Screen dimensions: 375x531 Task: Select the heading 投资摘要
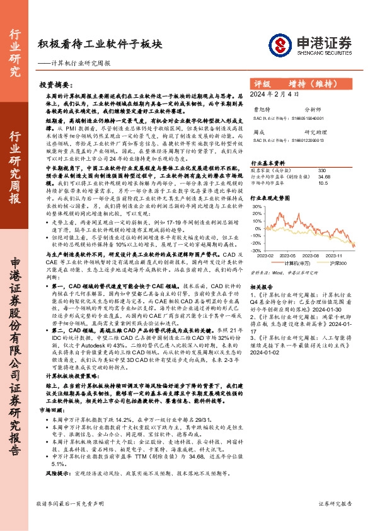point(54,84)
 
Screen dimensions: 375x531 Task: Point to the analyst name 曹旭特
point(260,109)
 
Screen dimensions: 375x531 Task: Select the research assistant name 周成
point(257,132)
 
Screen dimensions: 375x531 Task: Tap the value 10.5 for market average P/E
point(323,184)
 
